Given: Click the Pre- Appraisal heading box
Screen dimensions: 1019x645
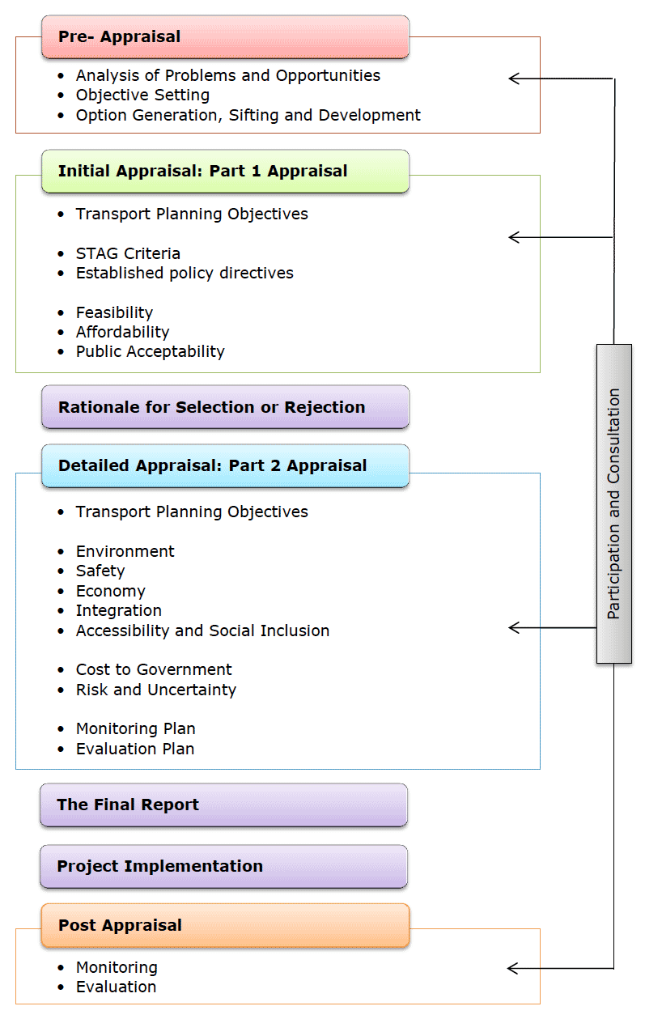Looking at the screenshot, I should tap(225, 37).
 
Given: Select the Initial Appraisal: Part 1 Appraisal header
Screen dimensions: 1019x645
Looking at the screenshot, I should tap(225, 172).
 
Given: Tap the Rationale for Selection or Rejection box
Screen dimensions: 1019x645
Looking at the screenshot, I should tap(225, 407).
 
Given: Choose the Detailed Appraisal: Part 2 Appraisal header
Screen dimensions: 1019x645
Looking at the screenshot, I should tap(225, 466).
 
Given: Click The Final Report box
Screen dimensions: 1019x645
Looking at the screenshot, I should tap(223, 805).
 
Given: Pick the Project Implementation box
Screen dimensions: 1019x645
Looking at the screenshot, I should tap(223, 867).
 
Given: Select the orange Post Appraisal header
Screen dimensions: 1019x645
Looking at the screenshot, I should tap(225, 926).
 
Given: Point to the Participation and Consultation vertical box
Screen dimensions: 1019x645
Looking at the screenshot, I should tap(613, 504).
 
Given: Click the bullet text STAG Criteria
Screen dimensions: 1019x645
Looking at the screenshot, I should tap(128, 253).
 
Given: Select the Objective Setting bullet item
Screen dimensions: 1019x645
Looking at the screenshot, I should tap(142, 96).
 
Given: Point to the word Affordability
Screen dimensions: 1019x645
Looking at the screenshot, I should tap(122, 332).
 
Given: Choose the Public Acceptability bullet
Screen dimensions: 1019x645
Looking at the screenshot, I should tap(150, 352).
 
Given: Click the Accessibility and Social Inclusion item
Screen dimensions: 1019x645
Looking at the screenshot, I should tap(202, 631).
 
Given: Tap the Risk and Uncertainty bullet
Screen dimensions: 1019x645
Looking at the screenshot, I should tap(155, 690).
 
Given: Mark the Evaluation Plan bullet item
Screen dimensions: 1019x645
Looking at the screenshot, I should tap(135, 749).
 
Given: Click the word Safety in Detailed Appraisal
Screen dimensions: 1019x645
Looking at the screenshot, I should tap(100, 571).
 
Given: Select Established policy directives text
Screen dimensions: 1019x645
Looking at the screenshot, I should tap(185, 274).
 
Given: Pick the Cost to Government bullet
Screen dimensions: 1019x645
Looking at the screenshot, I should tap(154, 670).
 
